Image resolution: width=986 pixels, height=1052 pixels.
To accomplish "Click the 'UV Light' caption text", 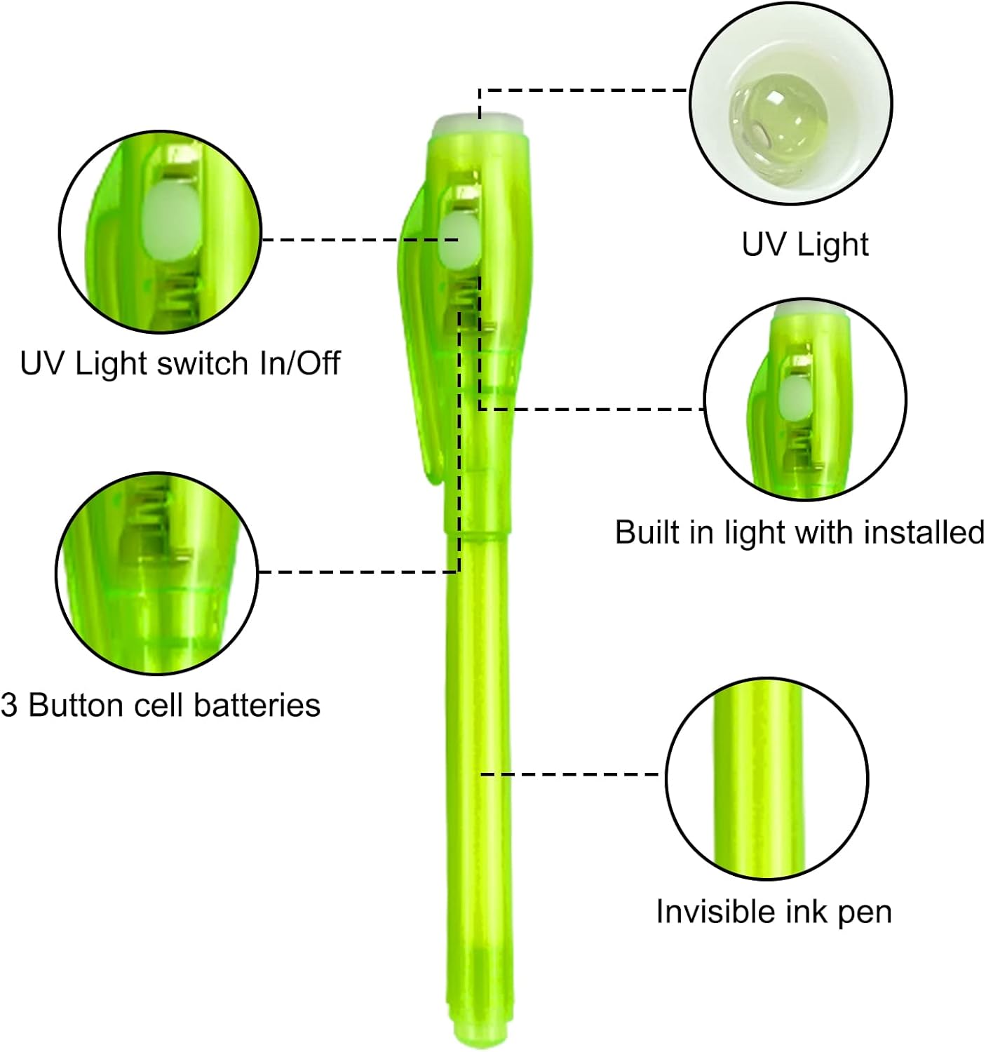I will pos(804,245).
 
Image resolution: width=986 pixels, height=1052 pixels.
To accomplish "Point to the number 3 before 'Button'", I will pos(9,705).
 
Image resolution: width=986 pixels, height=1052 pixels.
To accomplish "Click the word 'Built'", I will pos(642,532).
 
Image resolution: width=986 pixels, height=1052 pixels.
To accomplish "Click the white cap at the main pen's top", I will pos(479,128).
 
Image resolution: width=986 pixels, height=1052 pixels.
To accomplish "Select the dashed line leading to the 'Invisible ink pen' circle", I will pos(572,775).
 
